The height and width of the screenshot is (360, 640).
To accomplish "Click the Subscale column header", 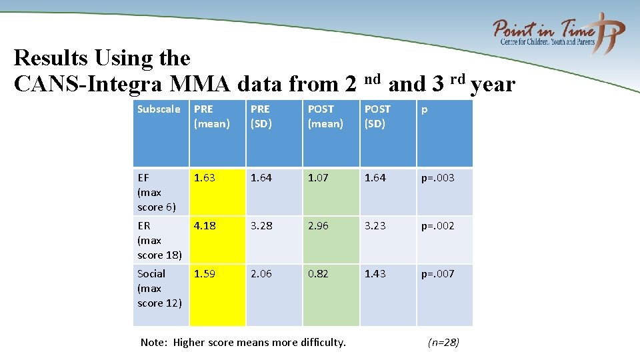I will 159,109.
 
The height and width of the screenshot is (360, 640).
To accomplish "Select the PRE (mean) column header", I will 211,116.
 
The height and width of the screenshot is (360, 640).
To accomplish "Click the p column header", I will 423,109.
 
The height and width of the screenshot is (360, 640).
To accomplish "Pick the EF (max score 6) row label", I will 157,192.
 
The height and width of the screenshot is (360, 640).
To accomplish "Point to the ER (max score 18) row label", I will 159,240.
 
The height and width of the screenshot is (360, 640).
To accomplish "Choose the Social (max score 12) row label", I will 159,288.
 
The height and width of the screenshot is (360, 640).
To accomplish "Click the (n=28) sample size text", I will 443,343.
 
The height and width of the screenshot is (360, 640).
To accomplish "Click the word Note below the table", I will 153,343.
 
